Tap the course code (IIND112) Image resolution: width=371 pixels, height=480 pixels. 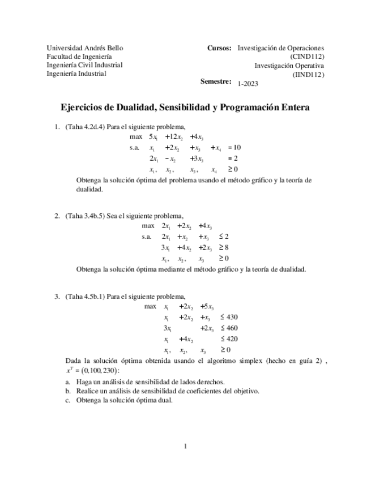coord(308,74)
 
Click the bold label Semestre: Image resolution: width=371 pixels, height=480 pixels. coord(216,82)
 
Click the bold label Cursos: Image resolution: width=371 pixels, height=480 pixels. coord(219,48)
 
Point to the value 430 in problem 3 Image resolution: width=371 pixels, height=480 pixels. coord(232,317)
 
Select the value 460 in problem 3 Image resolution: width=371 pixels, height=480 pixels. coord(232,328)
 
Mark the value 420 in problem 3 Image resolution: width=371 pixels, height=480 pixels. coord(232,339)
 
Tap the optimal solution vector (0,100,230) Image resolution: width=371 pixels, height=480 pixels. coord(108,370)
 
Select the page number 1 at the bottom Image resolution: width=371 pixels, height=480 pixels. coord(185,447)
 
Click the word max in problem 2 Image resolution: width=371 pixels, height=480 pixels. coord(148,226)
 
